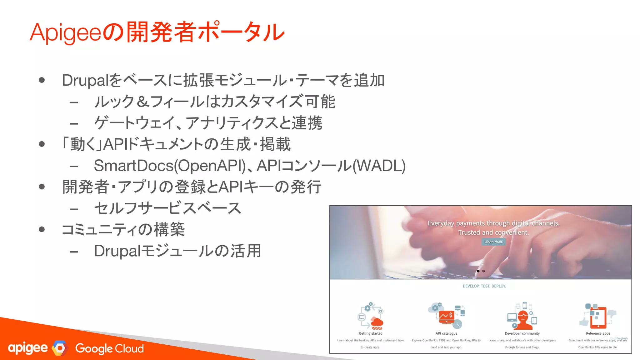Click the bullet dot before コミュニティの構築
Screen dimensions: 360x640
click(42, 229)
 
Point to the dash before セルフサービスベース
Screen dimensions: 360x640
click(74, 209)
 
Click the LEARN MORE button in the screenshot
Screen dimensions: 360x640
click(493, 242)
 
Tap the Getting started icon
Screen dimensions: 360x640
click(371, 316)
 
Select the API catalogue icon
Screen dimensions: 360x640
click(446, 316)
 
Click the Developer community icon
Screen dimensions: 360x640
click(522, 316)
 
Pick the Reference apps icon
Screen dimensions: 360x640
click(597, 316)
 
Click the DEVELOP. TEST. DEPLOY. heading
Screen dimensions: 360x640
click(484, 286)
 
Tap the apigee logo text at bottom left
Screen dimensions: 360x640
click(27, 348)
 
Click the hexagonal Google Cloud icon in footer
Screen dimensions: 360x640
click(60, 348)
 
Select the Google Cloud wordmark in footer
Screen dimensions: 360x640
click(109, 348)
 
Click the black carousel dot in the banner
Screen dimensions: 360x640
click(478, 271)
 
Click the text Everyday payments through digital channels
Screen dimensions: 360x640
click(493, 223)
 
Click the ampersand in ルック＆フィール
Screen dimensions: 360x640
click(143, 102)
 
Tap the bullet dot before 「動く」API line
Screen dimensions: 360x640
click(42, 144)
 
